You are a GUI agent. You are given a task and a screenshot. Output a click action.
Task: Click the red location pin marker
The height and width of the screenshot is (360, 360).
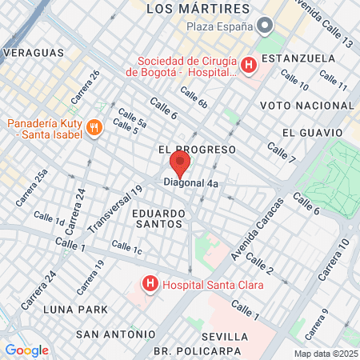pyautogui.click(x=179, y=165)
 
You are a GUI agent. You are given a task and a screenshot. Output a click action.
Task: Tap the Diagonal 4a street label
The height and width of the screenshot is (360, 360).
pyautogui.click(x=190, y=182)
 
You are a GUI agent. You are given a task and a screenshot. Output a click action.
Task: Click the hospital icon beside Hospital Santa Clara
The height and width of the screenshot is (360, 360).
pyautogui.click(x=149, y=283)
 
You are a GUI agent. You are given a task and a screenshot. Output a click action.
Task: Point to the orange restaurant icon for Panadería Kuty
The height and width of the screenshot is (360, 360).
pyautogui.click(x=94, y=126)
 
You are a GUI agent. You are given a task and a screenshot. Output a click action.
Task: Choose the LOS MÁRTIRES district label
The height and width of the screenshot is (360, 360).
pyautogui.click(x=199, y=9)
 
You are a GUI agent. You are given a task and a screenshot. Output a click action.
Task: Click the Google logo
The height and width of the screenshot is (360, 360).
pyautogui.click(x=26, y=350)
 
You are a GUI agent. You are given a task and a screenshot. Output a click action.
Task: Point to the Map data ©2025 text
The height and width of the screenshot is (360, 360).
pyautogui.click(x=325, y=354)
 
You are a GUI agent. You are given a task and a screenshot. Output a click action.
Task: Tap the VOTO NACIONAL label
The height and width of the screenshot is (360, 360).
pyautogui.click(x=298, y=105)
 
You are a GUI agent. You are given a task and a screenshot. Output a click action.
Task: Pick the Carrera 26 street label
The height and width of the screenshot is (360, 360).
pyautogui.click(x=85, y=87)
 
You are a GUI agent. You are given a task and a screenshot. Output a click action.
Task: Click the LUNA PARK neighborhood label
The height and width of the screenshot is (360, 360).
pyautogui.click(x=54, y=309)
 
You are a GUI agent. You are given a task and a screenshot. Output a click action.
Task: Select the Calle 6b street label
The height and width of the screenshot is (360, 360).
pyautogui.click(x=194, y=98)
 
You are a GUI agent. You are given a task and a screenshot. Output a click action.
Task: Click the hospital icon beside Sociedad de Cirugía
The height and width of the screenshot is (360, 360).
pyautogui.click(x=248, y=65)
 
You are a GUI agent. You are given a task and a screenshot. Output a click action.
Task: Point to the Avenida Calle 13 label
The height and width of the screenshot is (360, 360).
pyautogui.click(x=323, y=23)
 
